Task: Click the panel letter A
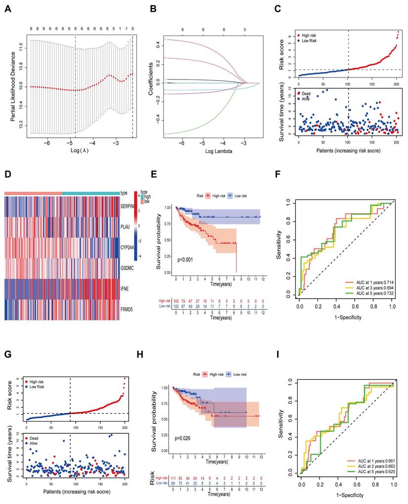tap(7, 8)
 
